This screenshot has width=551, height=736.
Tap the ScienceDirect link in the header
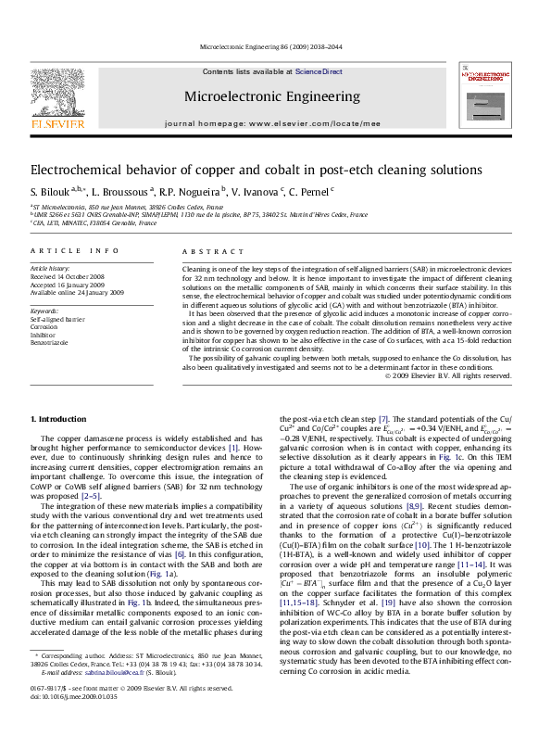coord(319,71)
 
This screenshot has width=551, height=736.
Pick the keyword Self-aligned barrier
coord(57,319)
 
